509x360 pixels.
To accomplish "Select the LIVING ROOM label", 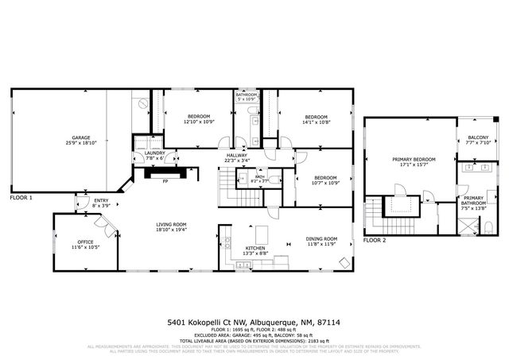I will [171, 224].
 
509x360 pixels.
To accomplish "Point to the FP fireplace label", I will [165, 181].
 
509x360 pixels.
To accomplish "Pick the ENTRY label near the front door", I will [101, 200].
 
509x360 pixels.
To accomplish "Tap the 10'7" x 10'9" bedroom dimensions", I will [324, 183].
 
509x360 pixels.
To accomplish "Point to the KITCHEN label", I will [255, 249].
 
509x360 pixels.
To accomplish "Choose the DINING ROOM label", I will [322, 239].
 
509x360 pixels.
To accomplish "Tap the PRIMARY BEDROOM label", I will [414, 159].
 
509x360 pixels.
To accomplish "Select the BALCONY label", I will [478, 137].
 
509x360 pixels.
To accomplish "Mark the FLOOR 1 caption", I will [21, 197].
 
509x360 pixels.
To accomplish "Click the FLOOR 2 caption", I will [375, 239].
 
